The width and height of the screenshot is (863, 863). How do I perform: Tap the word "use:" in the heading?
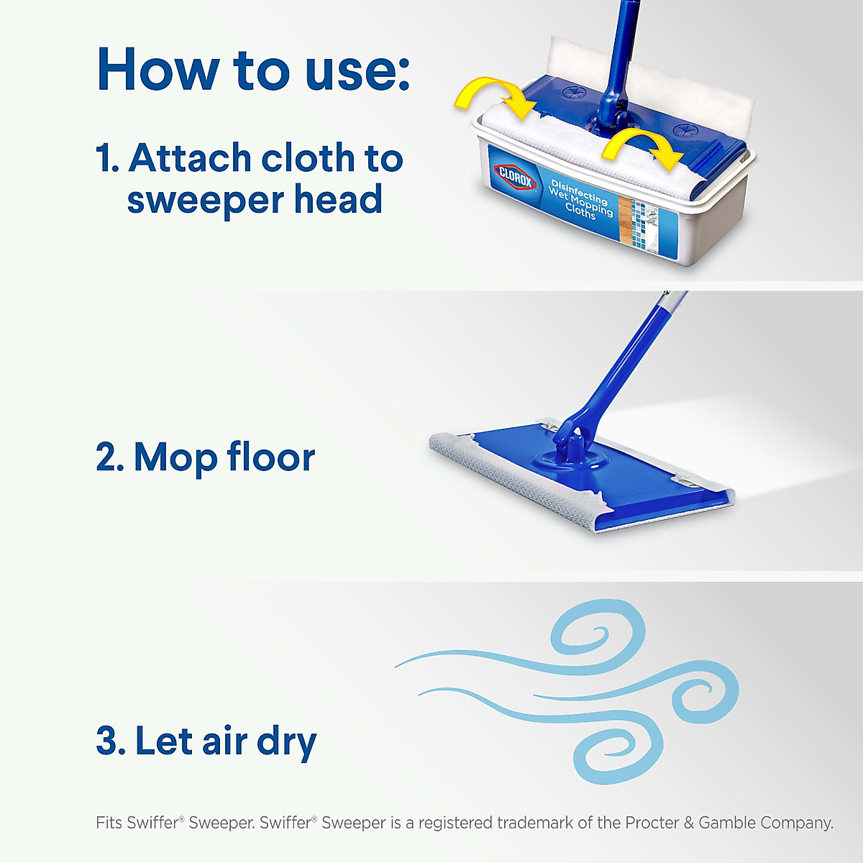(357, 71)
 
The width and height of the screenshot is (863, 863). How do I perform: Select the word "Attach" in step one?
(189, 158)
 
